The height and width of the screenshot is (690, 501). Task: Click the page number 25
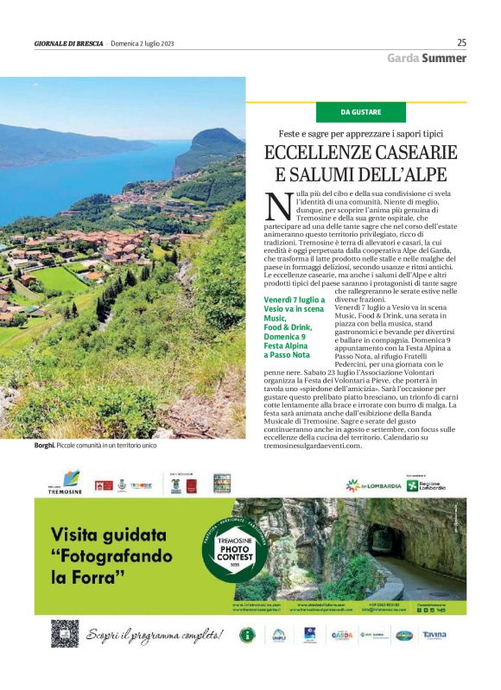(x=461, y=41)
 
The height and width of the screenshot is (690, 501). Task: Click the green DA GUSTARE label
(x=360, y=112)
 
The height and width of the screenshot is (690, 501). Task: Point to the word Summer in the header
(x=444, y=59)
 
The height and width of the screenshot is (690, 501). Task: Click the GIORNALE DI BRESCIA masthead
(x=68, y=43)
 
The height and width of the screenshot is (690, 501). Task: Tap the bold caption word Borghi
(x=47, y=446)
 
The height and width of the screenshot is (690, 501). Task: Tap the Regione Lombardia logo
(x=427, y=485)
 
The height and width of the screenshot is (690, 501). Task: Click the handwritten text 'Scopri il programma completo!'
(x=154, y=636)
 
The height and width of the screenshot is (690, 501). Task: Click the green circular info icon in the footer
(x=246, y=636)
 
